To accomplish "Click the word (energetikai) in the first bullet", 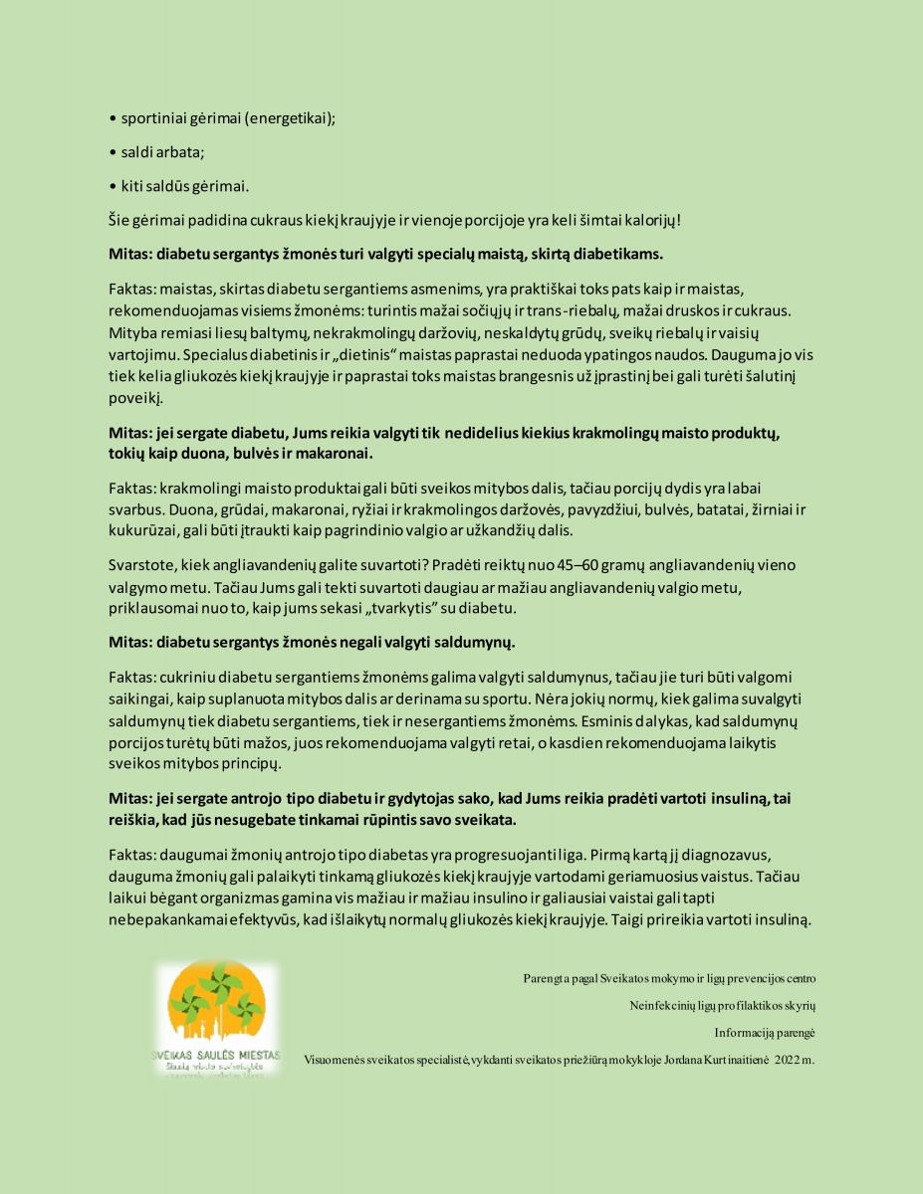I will [290, 118].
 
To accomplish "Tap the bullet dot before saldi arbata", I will [113, 152].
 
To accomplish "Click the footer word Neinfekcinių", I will [662, 1006].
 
